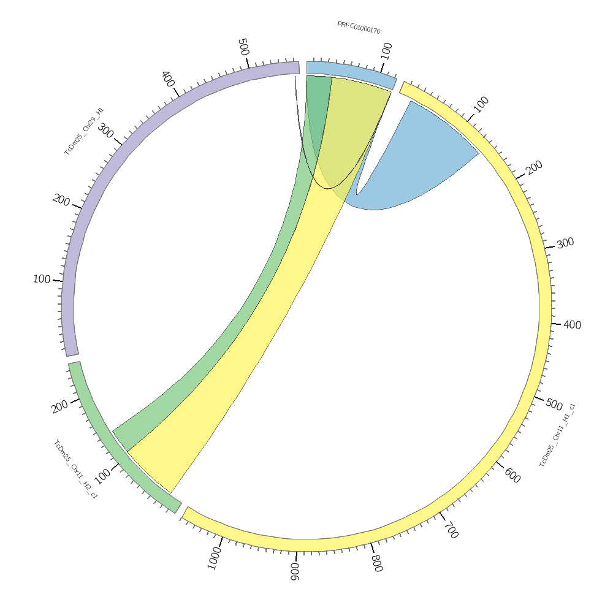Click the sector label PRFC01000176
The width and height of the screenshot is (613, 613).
pyautogui.click(x=359, y=28)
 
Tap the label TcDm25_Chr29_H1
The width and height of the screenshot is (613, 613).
pyautogui.click(x=84, y=131)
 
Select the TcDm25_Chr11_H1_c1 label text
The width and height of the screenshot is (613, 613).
pyautogui.click(x=557, y=435)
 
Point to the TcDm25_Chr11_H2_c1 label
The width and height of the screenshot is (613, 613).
pyautogui.click(x=75, y=470)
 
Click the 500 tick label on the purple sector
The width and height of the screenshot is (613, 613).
pyautogui.click(x=243, y=47)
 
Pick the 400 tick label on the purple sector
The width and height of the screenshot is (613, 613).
pyautogui.click(x=167, y=78)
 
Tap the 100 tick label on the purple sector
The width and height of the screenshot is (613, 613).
pyautogui.click(x=42, y=280)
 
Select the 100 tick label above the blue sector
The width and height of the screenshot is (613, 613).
pyautogui.click(x=387, y=51)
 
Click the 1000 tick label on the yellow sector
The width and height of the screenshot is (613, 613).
pyautogui.click(x=214, y=558)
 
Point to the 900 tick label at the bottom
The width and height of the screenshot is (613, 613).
pyautogui.click(x=294, y=572)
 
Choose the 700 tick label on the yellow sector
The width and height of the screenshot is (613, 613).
pyautogui.click(x=451, y=530)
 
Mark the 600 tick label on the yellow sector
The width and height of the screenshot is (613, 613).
pyautogui.click(x=512, y=475)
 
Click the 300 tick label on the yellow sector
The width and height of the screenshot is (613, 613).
pyautogui.click(x=565, y=243)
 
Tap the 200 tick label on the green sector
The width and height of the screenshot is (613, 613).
pyautogui.click(x=60, y=407)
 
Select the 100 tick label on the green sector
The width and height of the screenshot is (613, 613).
pyautogui.click(x=103, y=476)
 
